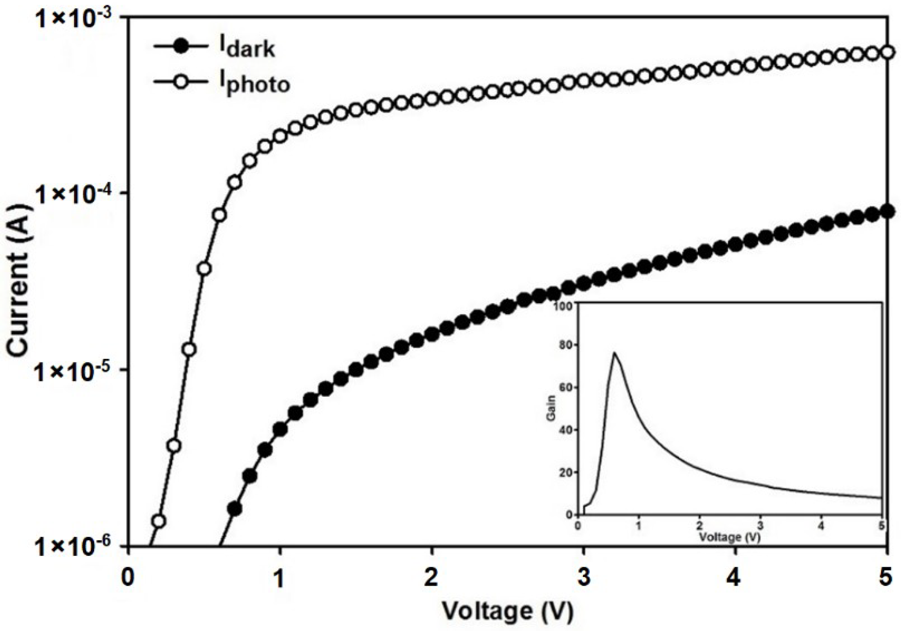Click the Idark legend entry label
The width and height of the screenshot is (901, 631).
tap(247, 48)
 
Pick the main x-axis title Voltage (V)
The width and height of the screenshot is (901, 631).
tap(507, 611)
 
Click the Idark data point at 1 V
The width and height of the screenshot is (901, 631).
tap(280, 430)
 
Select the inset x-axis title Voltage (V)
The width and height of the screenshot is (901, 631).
tap(729, 537)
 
